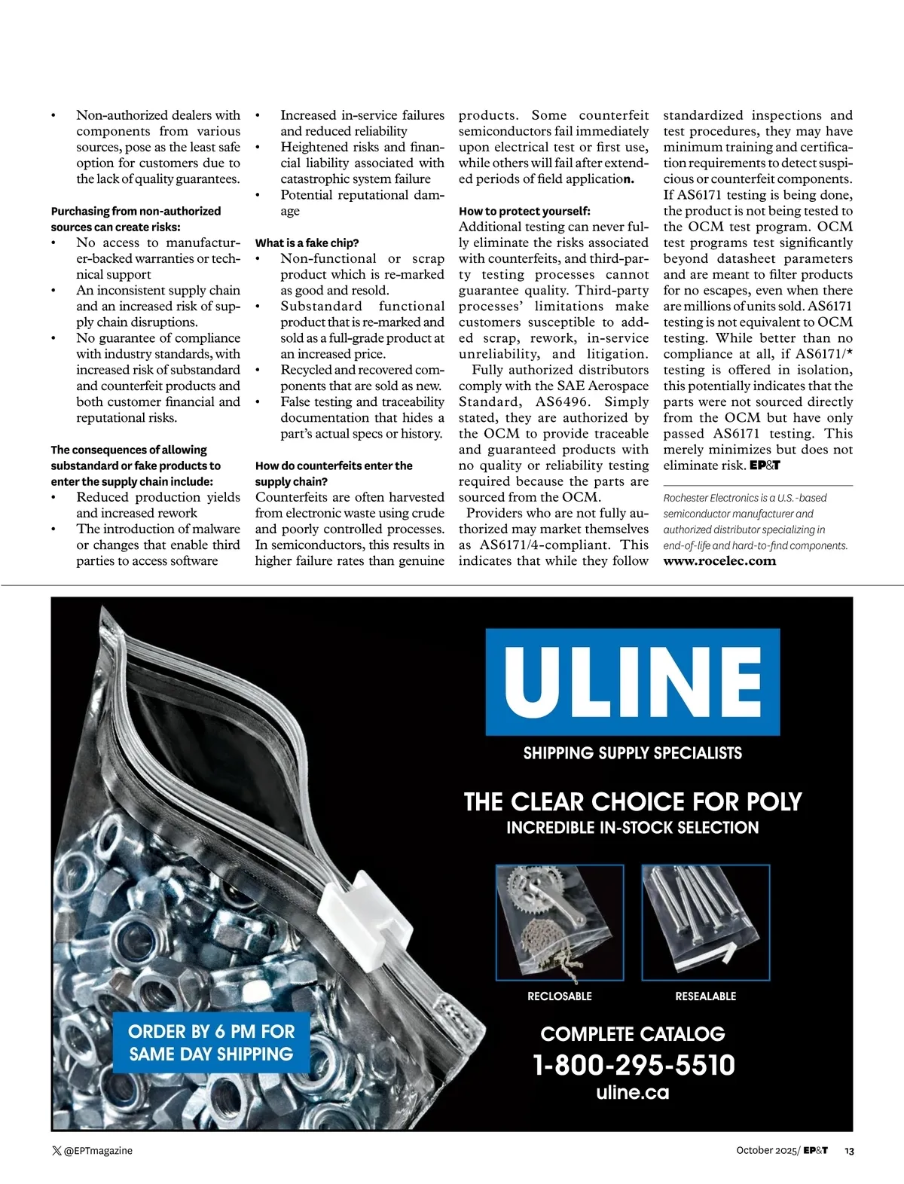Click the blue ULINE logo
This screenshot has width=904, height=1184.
[x=632, y=682]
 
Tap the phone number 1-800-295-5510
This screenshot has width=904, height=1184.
[x=633, y=1065]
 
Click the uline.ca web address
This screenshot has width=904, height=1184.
[x=633, y=1092]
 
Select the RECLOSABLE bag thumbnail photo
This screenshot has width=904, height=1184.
[x=560, y=923]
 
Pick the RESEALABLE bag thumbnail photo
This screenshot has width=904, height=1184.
[x=705, y=923]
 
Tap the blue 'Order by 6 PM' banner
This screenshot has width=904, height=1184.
[x=211, y=1042]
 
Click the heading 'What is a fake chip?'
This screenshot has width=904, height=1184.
[x=307, y=243]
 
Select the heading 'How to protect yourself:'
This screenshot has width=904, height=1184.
[x=524, y=211]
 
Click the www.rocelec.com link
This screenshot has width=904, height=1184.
[x=719, y=560]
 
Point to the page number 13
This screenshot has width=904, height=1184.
[x=849, y=1151]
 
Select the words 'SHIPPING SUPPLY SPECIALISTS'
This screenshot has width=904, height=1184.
[x=632, y=753]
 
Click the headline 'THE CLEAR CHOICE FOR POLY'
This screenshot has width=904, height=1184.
[x=632, y=801]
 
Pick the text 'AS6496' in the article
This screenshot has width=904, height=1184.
[x=562, y=401]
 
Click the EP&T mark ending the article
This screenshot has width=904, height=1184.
[x=765, y=465]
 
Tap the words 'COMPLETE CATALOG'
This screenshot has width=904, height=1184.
[x=632, y=1033]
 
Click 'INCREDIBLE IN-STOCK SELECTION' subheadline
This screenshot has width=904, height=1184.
[x=632, y=828]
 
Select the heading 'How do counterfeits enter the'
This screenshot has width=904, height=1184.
[x=334, y=465]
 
